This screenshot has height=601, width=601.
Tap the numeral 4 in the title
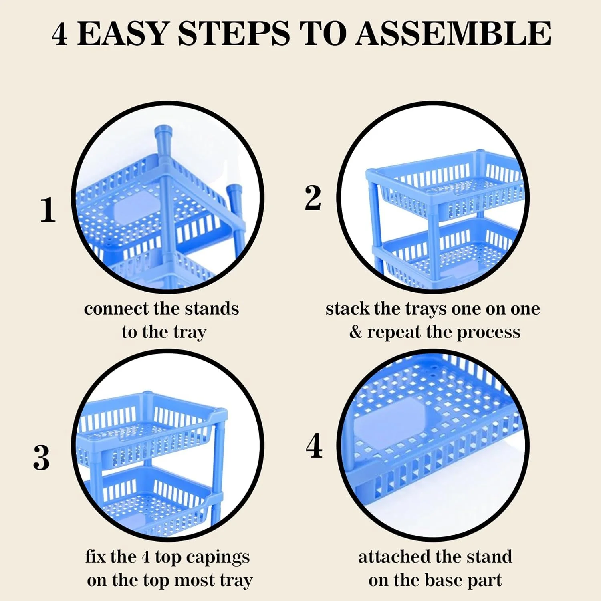coord(59,34)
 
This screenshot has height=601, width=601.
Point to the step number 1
coord(48,209)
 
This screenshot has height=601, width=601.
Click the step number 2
coord(313,197)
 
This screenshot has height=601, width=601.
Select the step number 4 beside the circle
coord(314,446)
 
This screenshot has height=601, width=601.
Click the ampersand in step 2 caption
coord(355,332)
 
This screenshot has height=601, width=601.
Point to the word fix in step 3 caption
coord(96,557)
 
